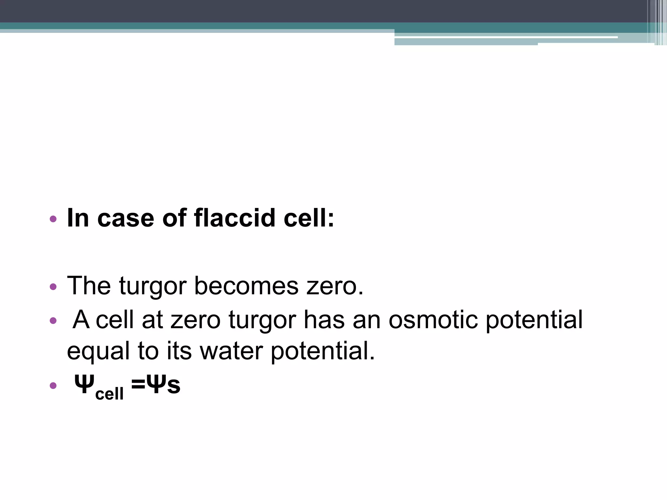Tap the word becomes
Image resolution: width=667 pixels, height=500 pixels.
click(246, 286)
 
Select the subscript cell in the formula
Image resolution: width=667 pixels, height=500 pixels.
click(109, 394)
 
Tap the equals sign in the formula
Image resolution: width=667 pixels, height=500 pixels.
click(138, 384)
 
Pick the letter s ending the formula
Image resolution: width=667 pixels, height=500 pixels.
click(174, 385)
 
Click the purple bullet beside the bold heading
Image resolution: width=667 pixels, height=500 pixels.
click(53, 219)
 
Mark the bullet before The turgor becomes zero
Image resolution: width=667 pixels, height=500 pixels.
click(53, 287)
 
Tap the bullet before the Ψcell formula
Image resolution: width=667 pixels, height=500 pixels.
click(53, 386)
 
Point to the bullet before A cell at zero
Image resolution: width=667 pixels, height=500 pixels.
click(53, 321)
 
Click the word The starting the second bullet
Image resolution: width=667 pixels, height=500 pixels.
click(89, 286)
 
